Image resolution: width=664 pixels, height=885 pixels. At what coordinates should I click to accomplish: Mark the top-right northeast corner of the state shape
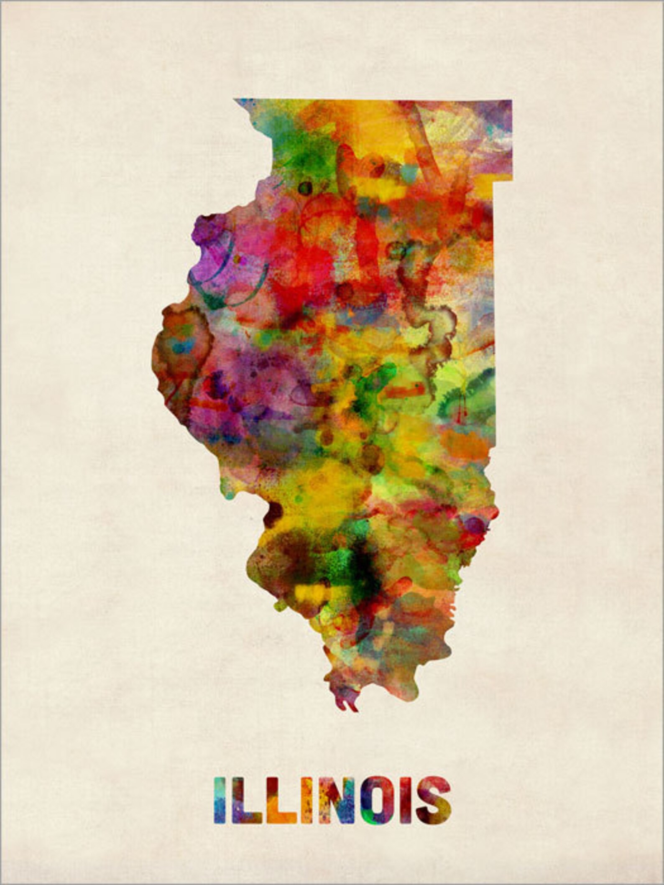coord(511,101)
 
